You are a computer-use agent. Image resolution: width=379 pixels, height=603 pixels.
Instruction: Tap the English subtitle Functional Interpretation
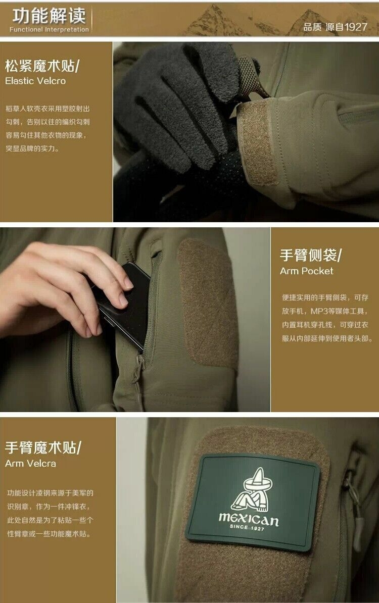tap(49, 29)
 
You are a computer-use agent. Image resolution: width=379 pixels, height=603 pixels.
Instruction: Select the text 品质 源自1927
tap(335, 27)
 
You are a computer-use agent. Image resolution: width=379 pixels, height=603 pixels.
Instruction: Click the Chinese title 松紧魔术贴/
tap(42, 66)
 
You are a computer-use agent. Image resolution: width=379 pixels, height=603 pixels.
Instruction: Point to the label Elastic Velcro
tap(35, 81)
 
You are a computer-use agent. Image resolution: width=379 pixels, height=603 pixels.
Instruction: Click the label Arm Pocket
tap(307, 271)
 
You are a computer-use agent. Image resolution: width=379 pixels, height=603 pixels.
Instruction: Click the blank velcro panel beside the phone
tap(207, 303)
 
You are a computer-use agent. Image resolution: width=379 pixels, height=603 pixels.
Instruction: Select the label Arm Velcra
tap(30, 463)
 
